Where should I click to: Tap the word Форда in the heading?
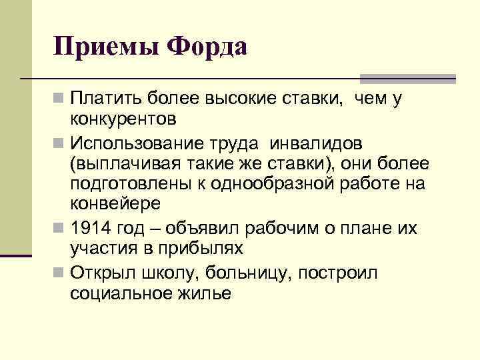[207, 47]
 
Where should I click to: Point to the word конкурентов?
[123, 120]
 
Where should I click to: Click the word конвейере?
[111, 203]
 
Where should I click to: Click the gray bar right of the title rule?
[407, 78]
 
